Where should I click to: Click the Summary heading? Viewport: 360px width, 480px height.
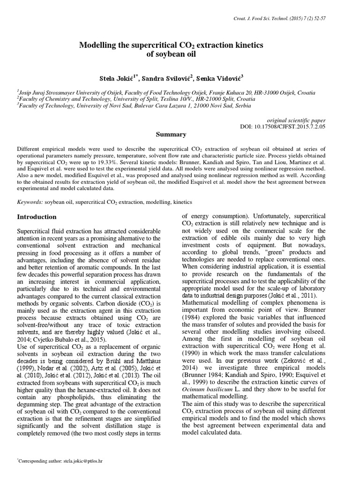tap(171, 135)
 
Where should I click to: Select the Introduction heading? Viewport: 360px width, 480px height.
tap(37, 217)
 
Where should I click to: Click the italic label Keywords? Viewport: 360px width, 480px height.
tap(30, 202)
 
